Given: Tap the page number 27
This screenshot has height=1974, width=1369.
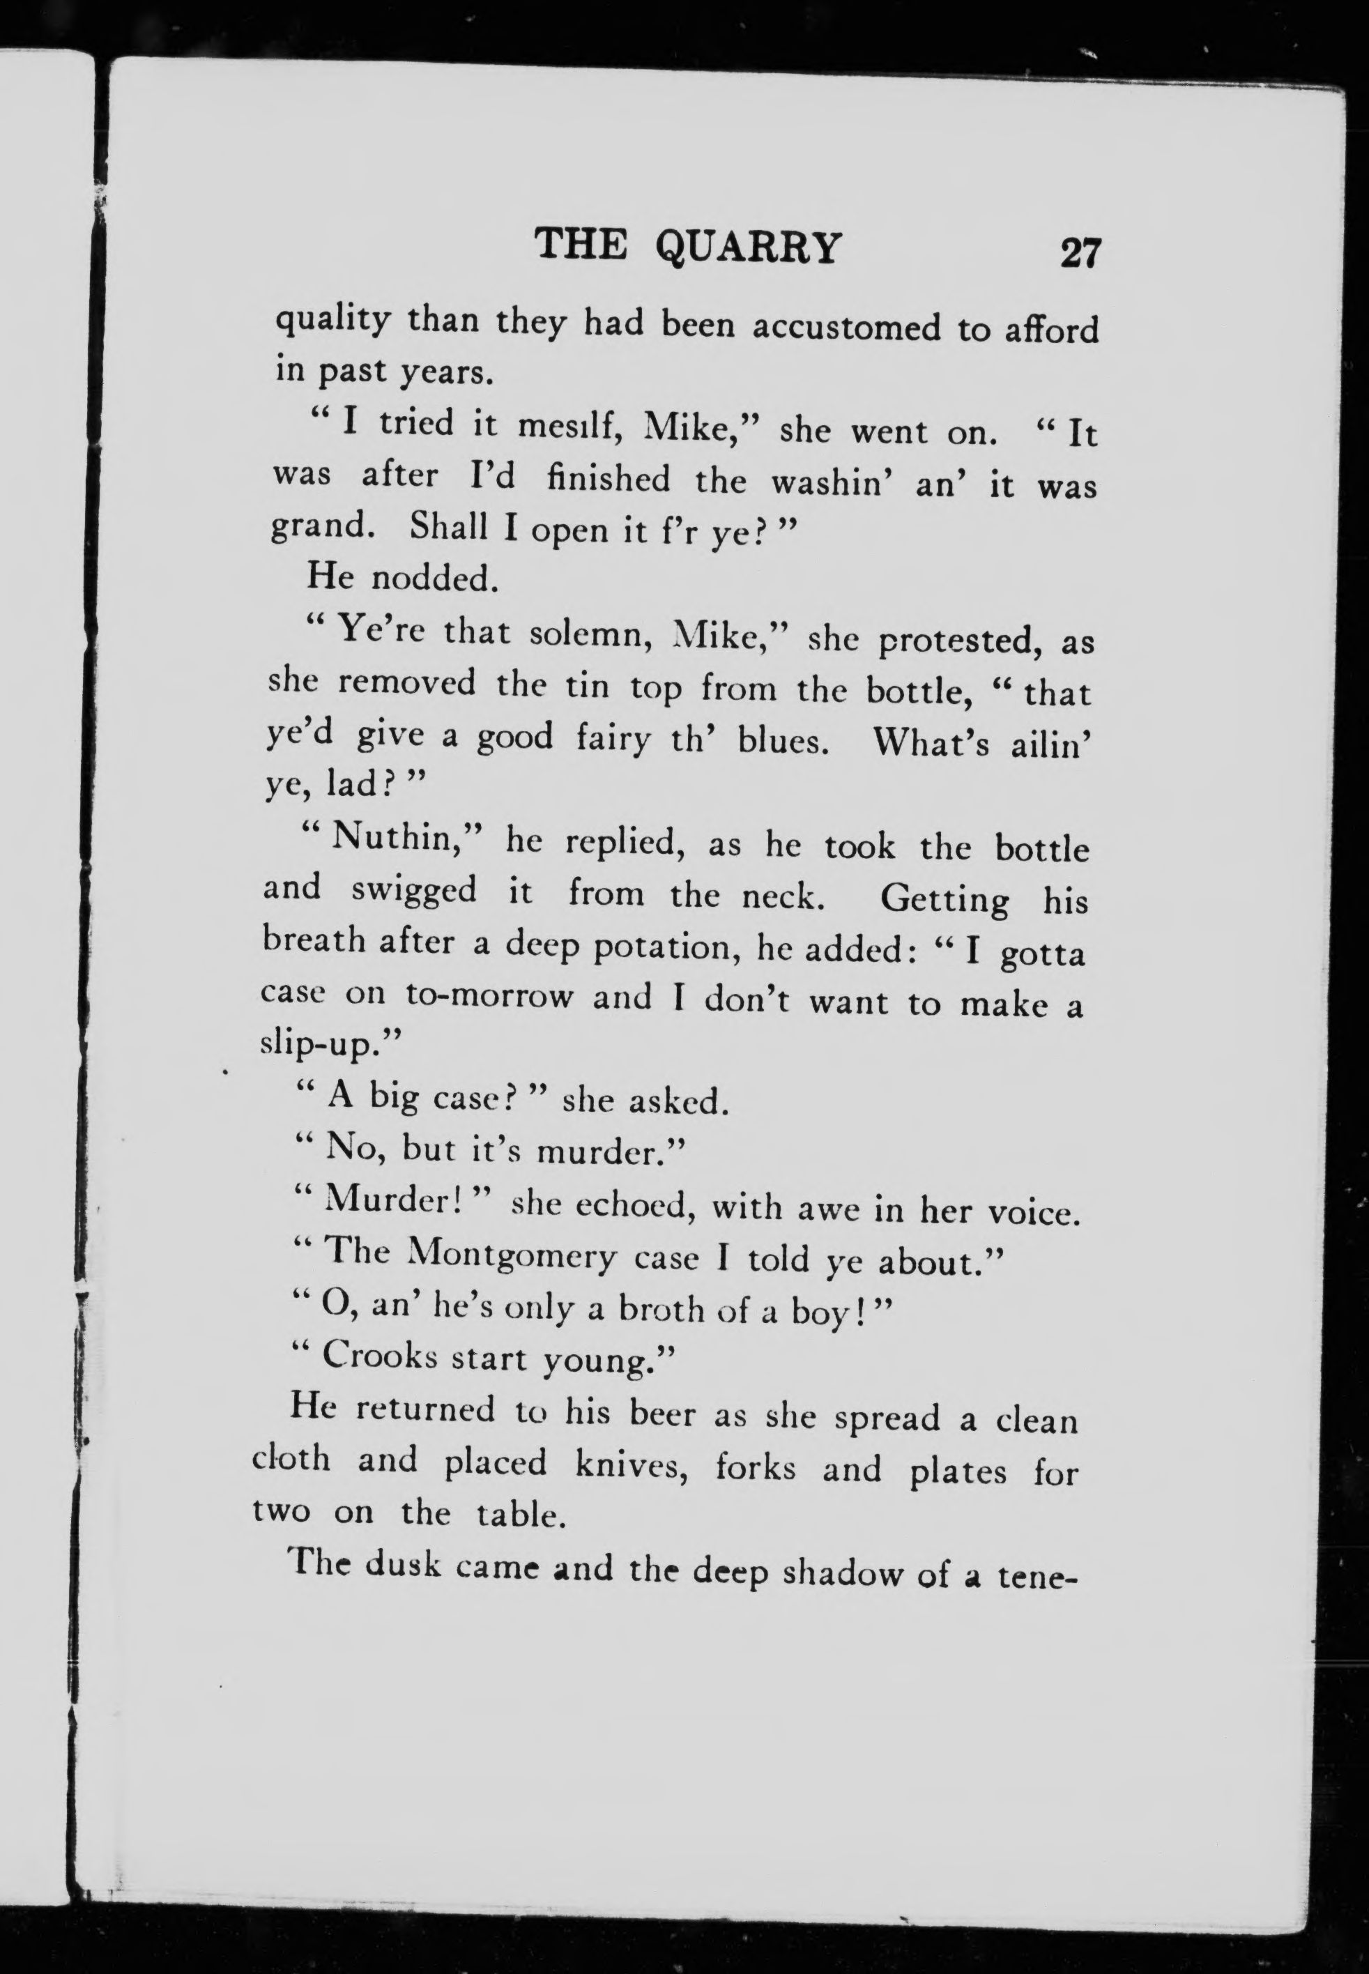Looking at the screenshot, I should click(1079, 254).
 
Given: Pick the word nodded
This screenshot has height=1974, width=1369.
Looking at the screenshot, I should click(434, 580).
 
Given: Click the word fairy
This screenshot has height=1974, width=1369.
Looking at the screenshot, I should click(614, 738).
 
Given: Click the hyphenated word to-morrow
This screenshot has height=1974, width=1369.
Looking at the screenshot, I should click(488, 997).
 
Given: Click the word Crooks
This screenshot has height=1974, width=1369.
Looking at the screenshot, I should click(380, 1356).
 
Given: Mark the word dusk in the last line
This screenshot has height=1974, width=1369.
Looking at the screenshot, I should click(402, 1566).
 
